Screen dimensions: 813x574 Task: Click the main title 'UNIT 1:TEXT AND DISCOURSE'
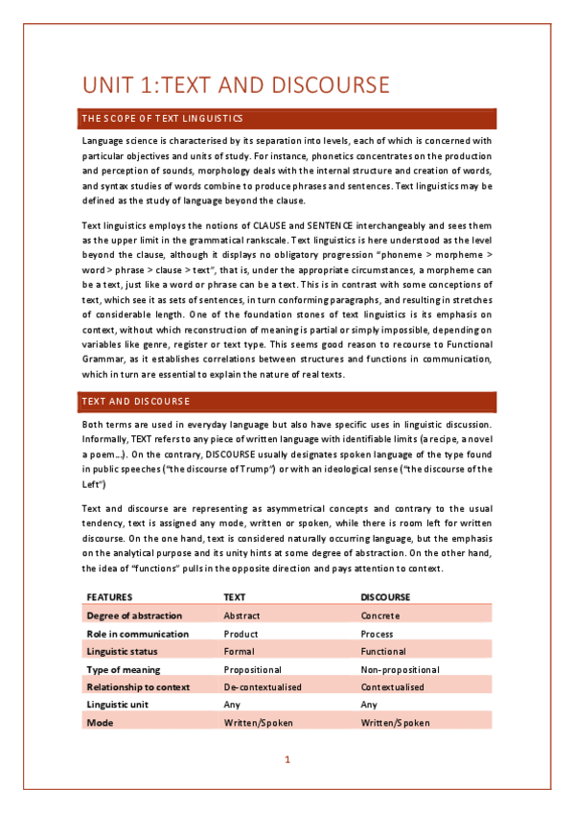236,85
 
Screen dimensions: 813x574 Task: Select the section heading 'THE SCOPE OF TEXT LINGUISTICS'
162,119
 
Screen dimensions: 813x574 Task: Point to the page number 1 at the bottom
287,760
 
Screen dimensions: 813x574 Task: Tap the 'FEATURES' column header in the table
110,596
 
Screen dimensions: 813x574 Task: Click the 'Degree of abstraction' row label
134,616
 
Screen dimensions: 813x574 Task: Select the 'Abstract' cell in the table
241,616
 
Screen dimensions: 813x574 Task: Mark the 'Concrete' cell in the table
380,616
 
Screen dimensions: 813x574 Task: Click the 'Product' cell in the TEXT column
241,634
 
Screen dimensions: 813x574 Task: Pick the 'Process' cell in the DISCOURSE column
379,634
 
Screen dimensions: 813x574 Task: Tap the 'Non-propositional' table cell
400,669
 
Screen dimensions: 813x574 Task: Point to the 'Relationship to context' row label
138,687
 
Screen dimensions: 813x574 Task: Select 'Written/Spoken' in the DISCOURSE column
395,723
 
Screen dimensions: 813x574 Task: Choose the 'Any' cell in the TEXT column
231,705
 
